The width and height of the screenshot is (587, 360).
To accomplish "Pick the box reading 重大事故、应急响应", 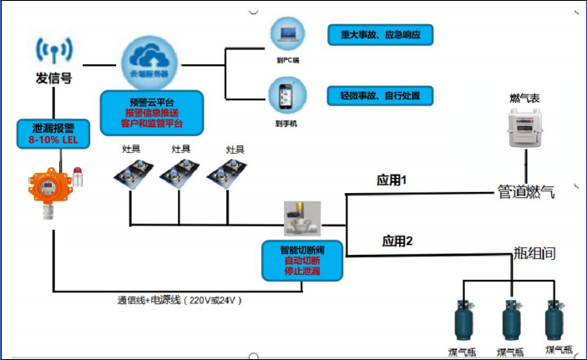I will (x=380, y=36).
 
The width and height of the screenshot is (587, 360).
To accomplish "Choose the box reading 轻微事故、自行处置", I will (x=380, y=96).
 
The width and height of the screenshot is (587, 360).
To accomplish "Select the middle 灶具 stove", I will (x=181, y=175).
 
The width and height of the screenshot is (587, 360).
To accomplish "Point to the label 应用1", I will (x=392, y=180).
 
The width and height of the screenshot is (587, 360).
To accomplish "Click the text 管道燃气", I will (x=525, y=192).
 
